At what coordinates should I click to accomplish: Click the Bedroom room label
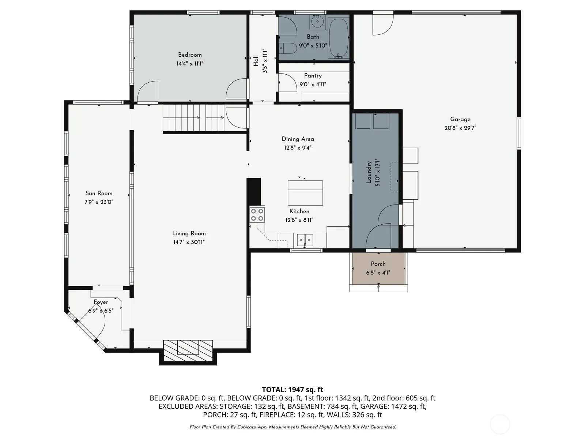[x=190, y=55]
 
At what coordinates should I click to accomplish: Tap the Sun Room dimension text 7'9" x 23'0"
[x=99, y=202]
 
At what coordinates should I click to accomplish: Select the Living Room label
[x=189, y=234]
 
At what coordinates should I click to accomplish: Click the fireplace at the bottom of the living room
[x=188, y=351]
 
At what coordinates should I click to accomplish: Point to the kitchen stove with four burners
[x=257, y=215]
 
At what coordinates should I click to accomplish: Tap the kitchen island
[x=305, y=193]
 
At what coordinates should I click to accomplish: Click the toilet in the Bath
[x=288, y=49]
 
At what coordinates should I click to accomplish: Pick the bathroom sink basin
[x=317, y=22]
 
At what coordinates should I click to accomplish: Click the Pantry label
[x=313, y=76]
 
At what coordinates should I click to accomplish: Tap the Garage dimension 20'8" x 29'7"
[x=460, y=128]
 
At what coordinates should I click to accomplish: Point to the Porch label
[x=378, y=264]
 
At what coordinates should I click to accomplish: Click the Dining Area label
[x=298, y=139]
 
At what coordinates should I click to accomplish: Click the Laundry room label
[x=369, y=172]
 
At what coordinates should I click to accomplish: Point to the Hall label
[x=256, y=61]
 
